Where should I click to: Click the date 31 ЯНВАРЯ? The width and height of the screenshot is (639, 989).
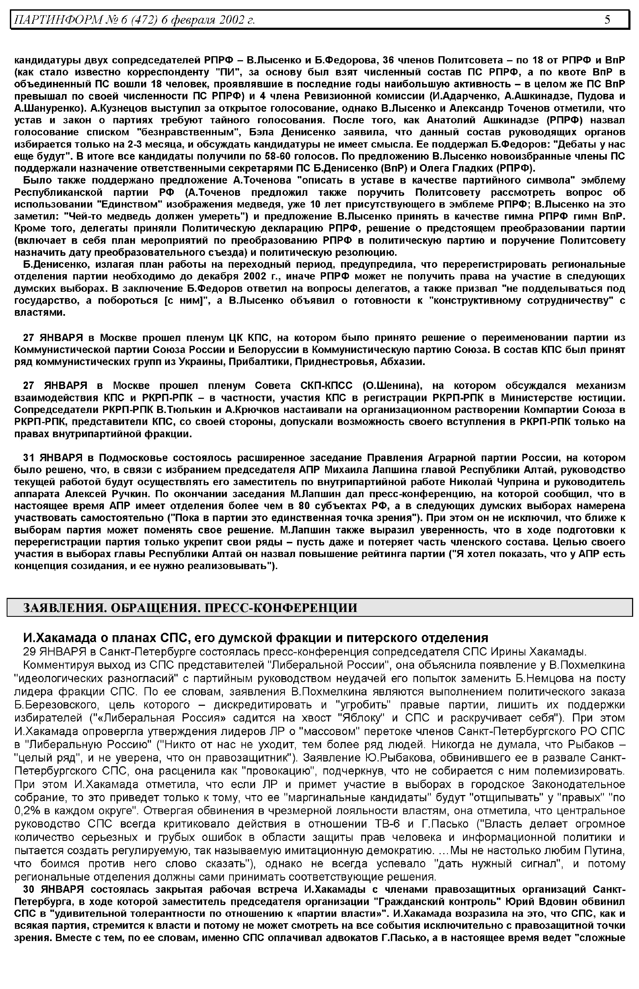tap(53, 458)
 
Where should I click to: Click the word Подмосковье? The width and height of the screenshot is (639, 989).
tap(133, 458)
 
